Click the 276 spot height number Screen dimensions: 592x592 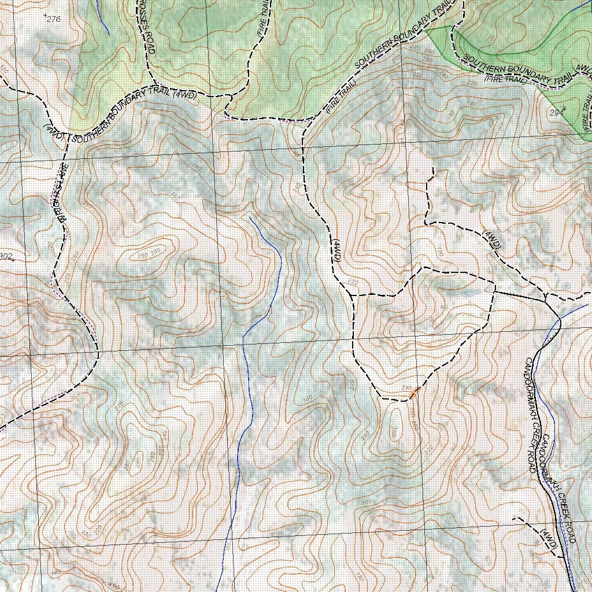pos(53,20)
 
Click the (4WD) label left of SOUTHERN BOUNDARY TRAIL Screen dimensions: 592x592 pos(54,132)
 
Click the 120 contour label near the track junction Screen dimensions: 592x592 pos(439,252)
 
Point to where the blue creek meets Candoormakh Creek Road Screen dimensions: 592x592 pos(560,319)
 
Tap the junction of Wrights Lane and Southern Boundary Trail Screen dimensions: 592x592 pos(68,138)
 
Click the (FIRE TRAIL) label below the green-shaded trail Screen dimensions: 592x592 pos(506,79)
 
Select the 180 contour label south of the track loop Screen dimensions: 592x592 pos(365,502)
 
